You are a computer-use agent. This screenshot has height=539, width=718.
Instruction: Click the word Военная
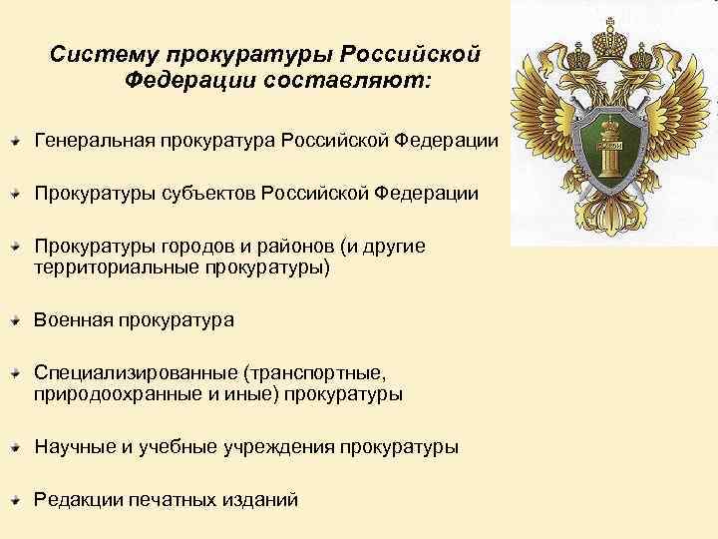tap(72, 319)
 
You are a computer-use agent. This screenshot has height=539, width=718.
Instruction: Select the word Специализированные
tap(133, 372)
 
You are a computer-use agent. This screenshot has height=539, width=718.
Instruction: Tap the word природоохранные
tap(112, 394)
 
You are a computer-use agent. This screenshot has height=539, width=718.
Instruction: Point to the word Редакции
tap(74, 500)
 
